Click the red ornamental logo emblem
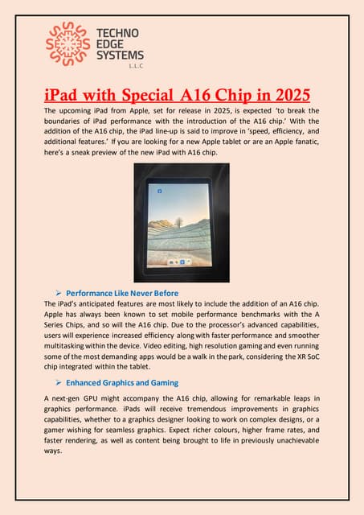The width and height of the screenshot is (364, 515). (x=67, y=44)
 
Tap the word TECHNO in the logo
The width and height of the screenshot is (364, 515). (x=117, y=33)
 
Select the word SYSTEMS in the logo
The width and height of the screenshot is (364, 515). (x=120, y=55)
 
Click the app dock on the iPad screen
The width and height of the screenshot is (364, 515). (x=182, y=262)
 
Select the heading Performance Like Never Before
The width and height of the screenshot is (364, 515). (x=122, y=293)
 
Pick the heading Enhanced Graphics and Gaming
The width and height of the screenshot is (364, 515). (x=122, y=382)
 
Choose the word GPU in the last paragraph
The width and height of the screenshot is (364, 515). (x=100, y=399)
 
